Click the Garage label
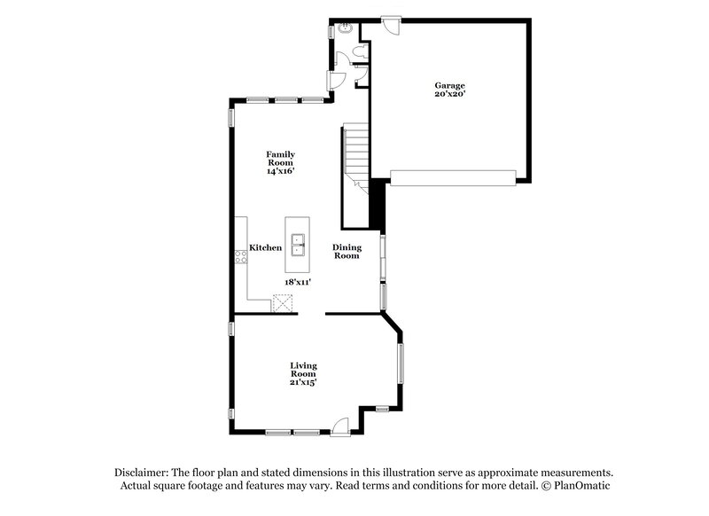(x=449, y=85)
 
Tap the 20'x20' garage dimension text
(x=449, y=94)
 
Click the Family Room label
(x=280, y=158)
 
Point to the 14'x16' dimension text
(x=280, y=171)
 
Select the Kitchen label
(x=265, y=248)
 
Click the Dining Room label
(x=347, y=251)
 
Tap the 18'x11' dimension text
(x=297, y=281)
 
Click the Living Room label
(x=304, y=369)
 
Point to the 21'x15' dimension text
(x=304, y=382)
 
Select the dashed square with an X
(x=284, y=303)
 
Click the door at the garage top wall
(x=390, y=24)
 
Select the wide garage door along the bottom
(x=452, y=177)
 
